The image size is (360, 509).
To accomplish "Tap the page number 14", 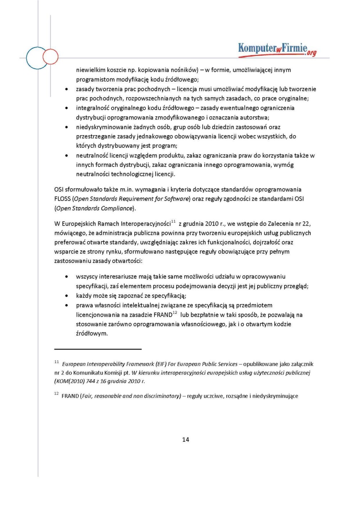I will [185, 439].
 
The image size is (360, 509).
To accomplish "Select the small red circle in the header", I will [50, 57].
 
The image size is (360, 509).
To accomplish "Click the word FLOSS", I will [62, 199].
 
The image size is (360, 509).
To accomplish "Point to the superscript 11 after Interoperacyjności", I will [174, 222].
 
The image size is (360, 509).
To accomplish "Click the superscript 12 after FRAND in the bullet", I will [175, 313].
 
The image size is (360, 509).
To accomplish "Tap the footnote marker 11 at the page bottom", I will [57, 362].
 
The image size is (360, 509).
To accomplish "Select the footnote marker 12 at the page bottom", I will [57, 394].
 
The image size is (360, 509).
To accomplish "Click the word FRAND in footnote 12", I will [70, 396].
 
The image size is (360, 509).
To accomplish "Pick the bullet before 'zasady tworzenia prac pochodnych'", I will [67, 89].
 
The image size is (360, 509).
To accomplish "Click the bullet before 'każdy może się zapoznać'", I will [67, 296].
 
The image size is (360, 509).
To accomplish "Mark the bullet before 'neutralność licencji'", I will [67, 156].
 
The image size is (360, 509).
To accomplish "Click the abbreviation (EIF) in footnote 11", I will [161, 364].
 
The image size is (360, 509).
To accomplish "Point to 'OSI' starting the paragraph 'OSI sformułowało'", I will [59, 190].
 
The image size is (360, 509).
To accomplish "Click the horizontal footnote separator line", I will [98, 349].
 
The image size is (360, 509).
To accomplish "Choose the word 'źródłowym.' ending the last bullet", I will [92, 333].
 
